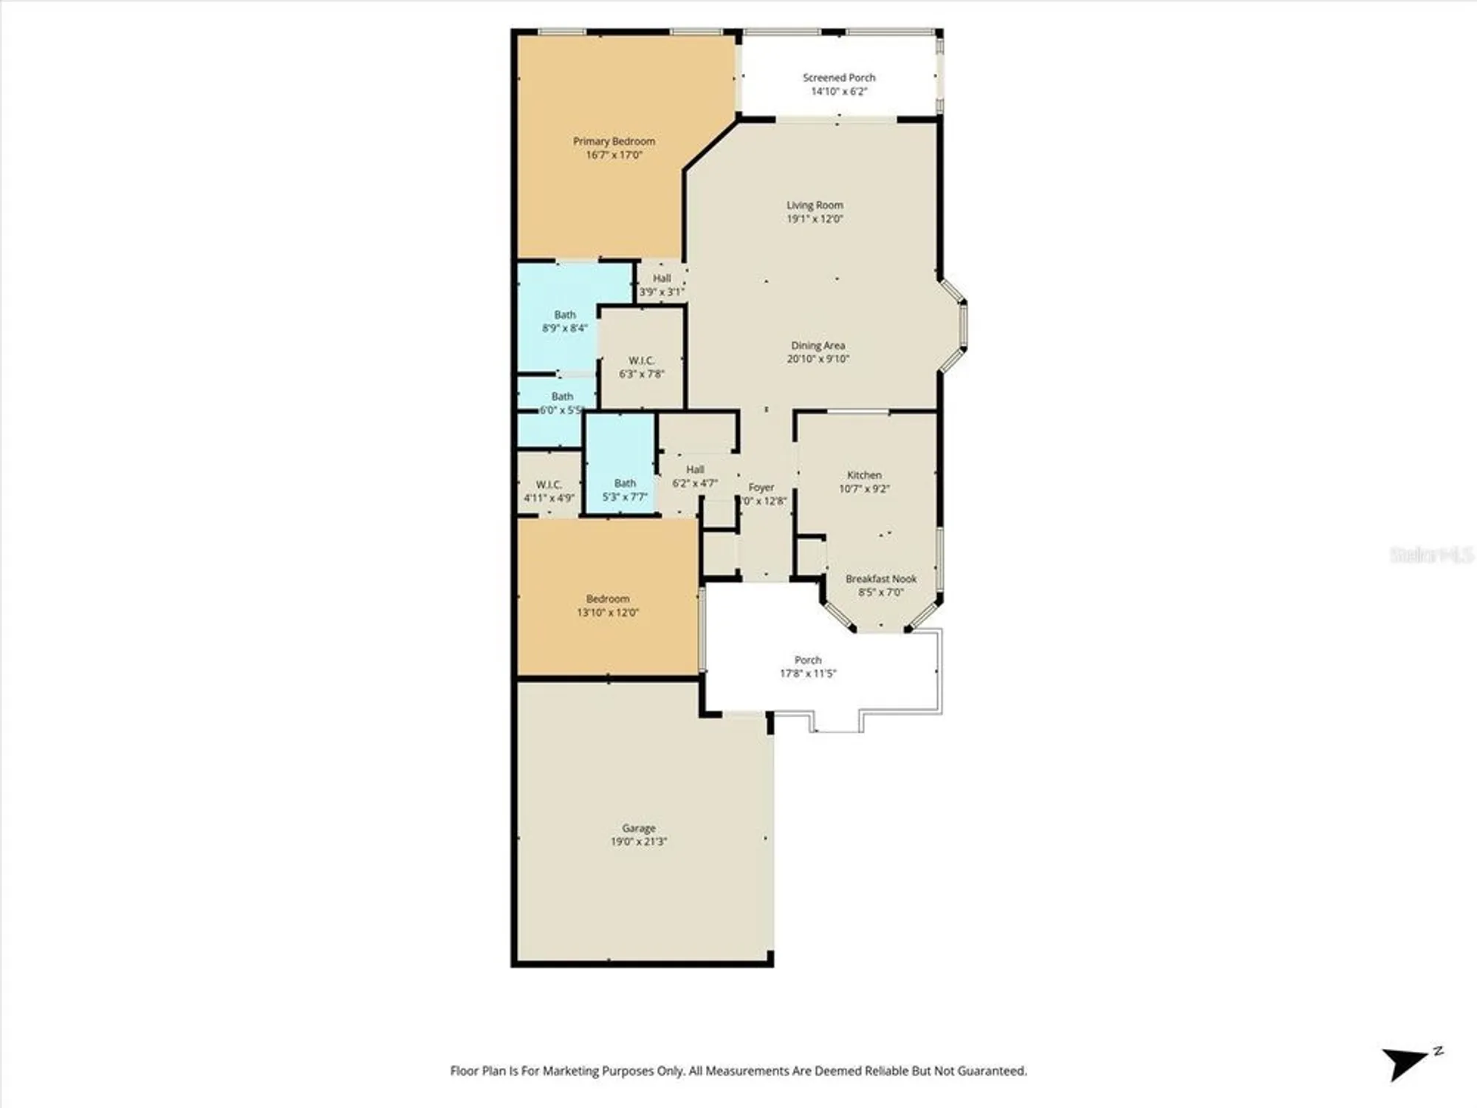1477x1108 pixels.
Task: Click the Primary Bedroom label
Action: (x=614, y=141)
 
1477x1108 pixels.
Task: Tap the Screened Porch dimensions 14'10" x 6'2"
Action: (x=839, y=92)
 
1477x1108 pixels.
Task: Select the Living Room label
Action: (x=815, y=205)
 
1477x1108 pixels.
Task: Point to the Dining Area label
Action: (x=818, y=346)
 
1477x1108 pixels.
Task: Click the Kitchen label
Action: (x=864, y=475)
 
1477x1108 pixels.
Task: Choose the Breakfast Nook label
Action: (x=881, y=579)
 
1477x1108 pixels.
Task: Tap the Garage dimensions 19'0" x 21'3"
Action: (x=638, y=841)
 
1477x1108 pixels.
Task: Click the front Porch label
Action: (x=808, y=660)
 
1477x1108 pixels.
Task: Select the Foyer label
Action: (x=761, y=488)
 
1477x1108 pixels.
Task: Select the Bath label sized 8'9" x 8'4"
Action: (x=565, y=315)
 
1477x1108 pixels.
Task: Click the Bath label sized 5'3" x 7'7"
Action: (x=625, y=483)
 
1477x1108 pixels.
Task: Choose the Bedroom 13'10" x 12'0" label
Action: (x=608, y=599)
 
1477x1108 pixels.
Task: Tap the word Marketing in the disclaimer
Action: (x=571, y=1070)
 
